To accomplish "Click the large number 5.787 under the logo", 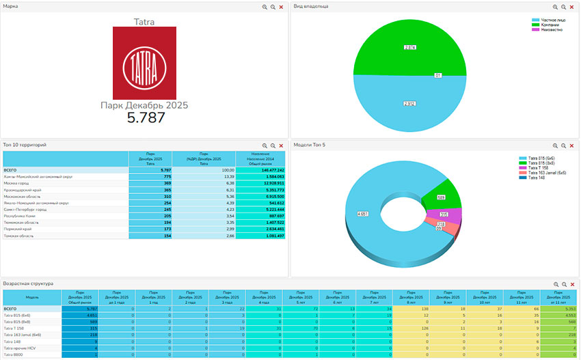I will pos(146,118).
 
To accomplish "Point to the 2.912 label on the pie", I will pos(410,103).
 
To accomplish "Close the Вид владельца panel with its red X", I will pos(573,6).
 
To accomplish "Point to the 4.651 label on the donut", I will pos(363,214).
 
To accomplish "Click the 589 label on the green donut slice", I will pos(442,197).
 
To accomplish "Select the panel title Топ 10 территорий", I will pos(25,146).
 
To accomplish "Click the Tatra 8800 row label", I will pos(13,355).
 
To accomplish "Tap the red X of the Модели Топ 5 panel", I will pos(573,146).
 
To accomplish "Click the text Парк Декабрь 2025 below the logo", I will pos(144,105).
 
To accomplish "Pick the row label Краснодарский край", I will pos(22,190).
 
